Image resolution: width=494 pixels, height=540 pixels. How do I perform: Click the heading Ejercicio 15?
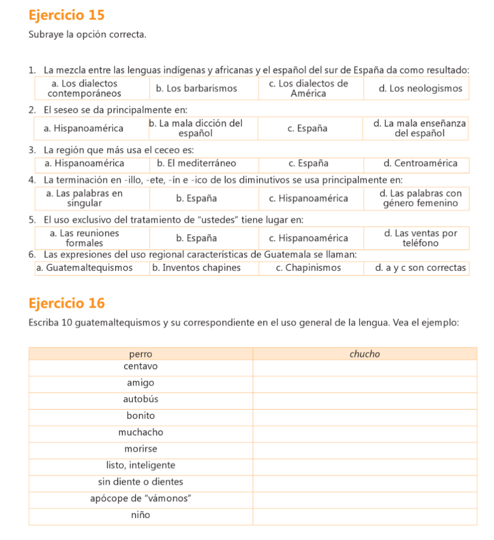(67, 15)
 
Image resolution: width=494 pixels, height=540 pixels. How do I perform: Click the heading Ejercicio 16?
(67, 303)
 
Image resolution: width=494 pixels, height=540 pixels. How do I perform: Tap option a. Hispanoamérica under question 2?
(84, 128)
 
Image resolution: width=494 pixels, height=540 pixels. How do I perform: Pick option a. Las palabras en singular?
(84, 198)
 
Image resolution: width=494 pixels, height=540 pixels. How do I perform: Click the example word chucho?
(365, 354)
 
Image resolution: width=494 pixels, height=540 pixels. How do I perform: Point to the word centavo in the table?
(140, 366)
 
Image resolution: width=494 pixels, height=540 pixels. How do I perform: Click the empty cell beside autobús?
(365, 399)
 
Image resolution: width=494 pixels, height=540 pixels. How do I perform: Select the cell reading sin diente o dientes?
(140, 481)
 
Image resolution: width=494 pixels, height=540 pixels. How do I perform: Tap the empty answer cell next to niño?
(365, 515)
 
